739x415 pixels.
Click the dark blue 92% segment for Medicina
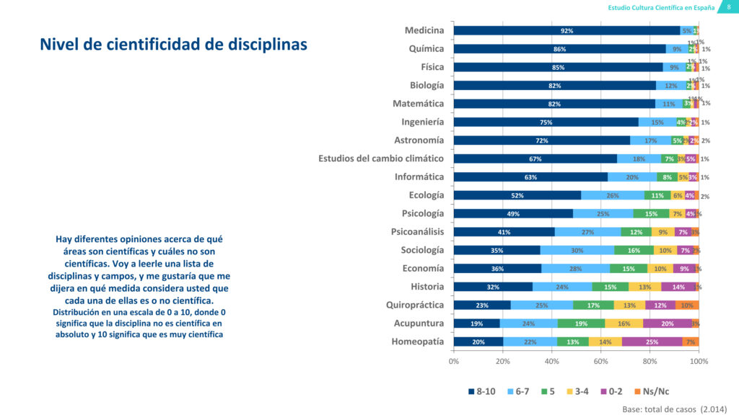point(567,31)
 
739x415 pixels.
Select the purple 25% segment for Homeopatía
point(652,342)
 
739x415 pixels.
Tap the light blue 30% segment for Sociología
point(577,251)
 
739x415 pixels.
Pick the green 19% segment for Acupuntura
point(581,323)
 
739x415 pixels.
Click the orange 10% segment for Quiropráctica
point(686,305)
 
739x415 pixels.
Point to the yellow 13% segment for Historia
point(644,287)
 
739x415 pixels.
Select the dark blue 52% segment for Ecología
point(517,196)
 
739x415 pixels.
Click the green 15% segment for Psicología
point(652,214)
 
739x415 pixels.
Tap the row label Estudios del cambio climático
point(381,159)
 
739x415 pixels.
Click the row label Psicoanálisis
point(417,231)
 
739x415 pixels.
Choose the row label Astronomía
point(419,140)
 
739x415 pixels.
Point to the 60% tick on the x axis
point(601,361)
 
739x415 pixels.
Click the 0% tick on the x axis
point(454,361)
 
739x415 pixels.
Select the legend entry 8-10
point(480,391)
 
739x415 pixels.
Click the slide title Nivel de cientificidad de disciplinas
point(173,45)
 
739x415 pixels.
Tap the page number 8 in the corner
point(727,7)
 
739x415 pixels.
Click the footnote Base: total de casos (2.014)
point(674,408)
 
